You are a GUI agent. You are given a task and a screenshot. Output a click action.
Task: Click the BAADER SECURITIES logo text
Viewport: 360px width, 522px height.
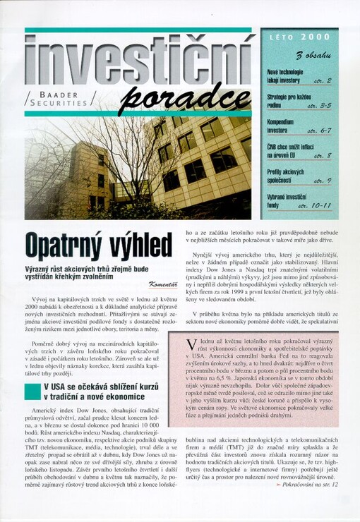pyautogui.click(x=63, y=97)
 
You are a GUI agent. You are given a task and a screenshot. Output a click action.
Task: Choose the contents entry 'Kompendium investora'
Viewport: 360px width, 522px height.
pyautogui.click(x=281, y=126)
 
